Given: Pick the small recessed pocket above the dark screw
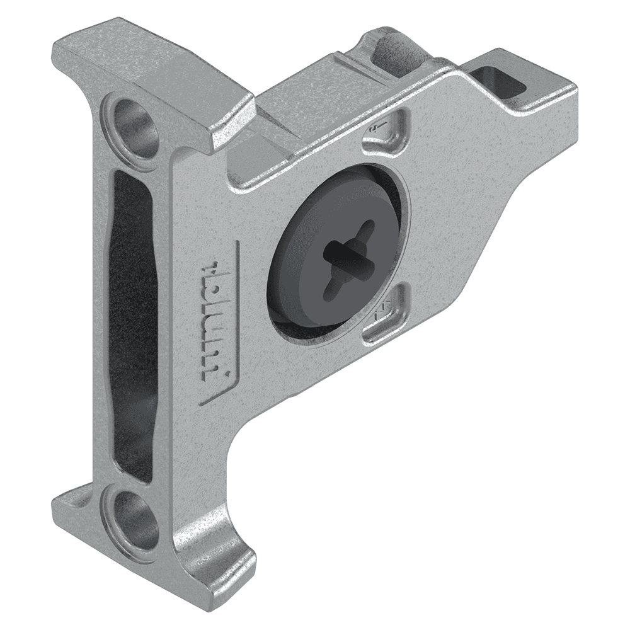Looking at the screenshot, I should coord(385,132).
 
